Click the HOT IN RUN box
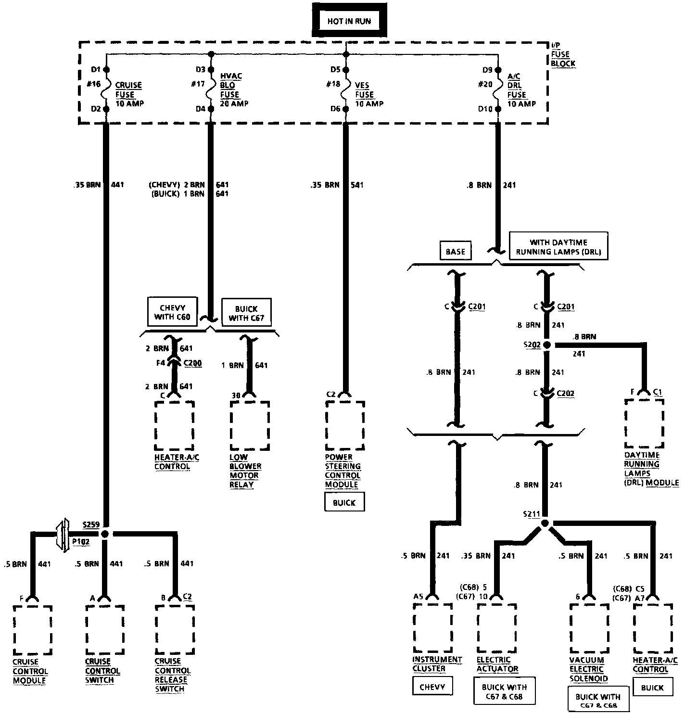tap(349, 21)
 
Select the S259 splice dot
tap(105, 534)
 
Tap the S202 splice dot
tap(546, 345)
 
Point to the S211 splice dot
tap(545, 523)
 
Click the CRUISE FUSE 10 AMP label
tap(129, 94)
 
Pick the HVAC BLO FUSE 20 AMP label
tap(234, 90)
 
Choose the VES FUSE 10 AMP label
tap(369, 94)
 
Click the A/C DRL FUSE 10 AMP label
tap(521, 90)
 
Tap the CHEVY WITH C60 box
tap(172, 312)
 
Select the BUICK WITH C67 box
tap(246, 313)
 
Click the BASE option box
tap(455, 251)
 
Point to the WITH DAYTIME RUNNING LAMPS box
tap(558, 247)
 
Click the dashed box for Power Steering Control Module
tap(345, 425)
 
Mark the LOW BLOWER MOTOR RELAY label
tap(245, 471)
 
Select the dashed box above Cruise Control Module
tap(33, 630)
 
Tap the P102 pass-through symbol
tap(63, 535)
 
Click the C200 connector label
tap(192, 363)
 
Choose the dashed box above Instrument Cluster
tap(432, 628)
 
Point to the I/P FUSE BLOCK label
tap(563, 54)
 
